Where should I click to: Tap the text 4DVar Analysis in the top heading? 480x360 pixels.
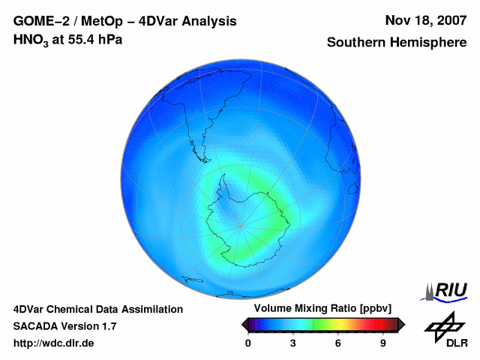(190, 21)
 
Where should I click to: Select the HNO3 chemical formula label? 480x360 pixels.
(32, 40)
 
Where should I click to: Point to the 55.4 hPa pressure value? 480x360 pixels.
(96, 39)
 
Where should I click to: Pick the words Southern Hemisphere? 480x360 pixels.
(397, 43)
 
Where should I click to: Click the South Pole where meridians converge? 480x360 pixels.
(240, 225)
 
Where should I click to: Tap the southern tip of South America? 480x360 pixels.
(193, 145)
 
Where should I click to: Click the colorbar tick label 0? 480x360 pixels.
(248, 343)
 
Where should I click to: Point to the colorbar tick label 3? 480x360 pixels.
(293, 343)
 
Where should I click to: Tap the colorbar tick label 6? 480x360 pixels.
(338, 343)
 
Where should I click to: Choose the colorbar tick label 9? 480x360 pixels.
(382, 343)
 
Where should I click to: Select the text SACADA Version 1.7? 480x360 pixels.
(64, 326)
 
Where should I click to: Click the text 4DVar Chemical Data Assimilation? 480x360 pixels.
(97, 309)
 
